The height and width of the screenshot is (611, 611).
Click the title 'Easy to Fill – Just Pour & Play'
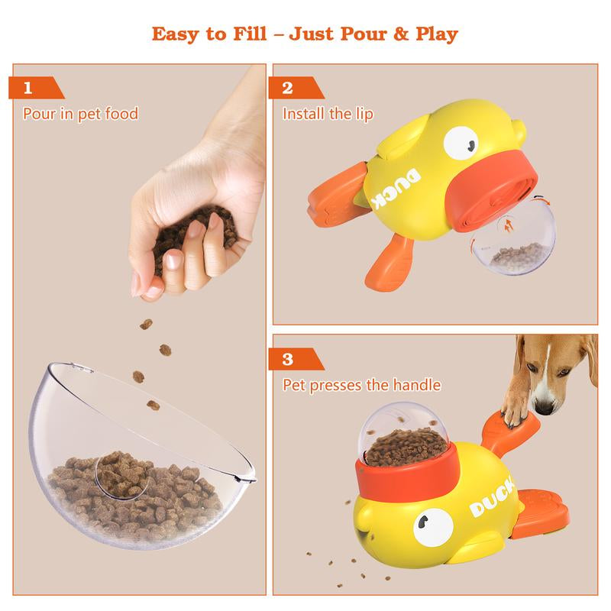305,34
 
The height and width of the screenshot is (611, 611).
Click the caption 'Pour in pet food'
80,114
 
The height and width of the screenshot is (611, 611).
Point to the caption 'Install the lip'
328,114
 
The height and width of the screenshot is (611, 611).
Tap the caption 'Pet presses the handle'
361,385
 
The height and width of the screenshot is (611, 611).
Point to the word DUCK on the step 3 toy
489,500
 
